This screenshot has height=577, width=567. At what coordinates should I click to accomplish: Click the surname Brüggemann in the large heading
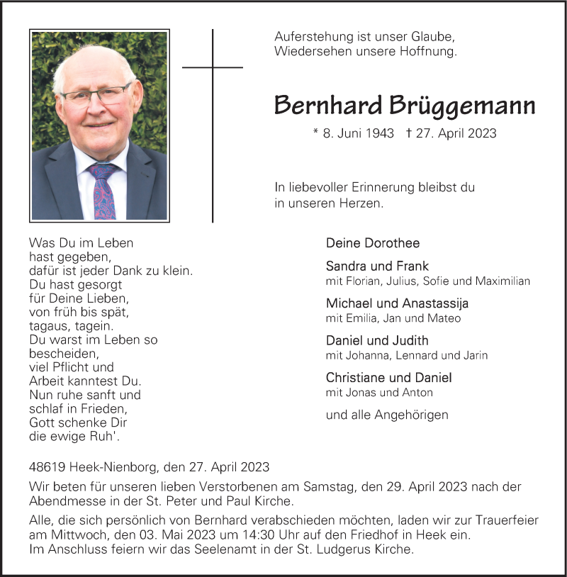click(x=462, y=106)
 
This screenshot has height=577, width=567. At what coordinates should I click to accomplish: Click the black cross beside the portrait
click(x=213, y=85)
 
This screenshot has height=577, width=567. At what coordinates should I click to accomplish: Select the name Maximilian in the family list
click(x=503, y=281)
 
